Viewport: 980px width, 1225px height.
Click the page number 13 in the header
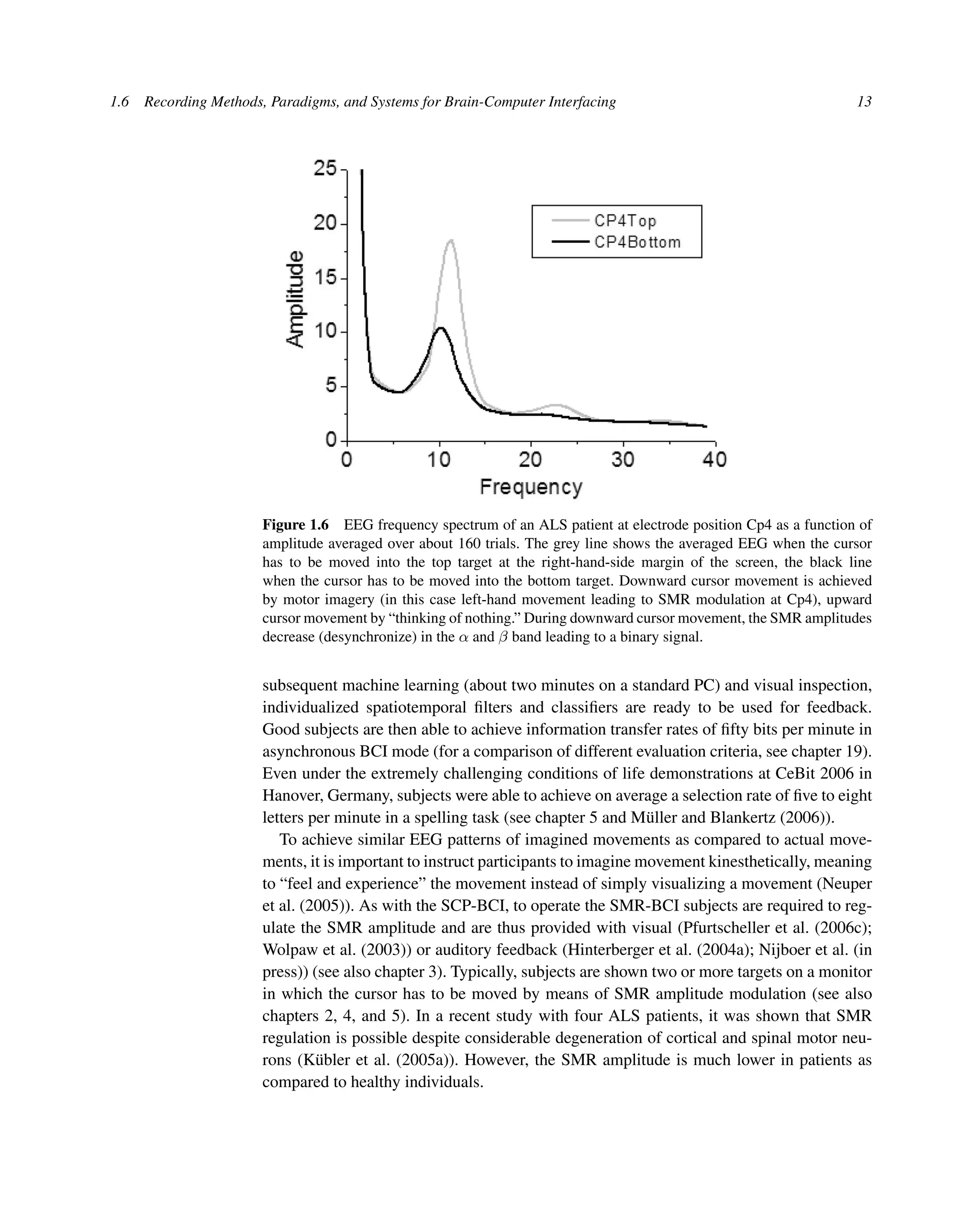coord(864,102)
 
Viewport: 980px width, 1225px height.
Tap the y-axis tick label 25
coord(325,169)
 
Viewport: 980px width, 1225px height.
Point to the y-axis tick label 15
coord(325,278)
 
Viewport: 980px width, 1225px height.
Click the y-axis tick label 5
coord(331,386)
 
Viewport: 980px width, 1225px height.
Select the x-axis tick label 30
coord(623,459)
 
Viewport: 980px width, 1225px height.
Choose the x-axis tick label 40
coord(714,459)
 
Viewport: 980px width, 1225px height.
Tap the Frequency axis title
coord(531,488)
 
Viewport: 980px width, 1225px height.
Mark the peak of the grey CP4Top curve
coord(451,240)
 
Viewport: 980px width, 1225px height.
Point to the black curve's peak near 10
coord(440,328)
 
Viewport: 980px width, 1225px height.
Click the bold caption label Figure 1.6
coord(295,524)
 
